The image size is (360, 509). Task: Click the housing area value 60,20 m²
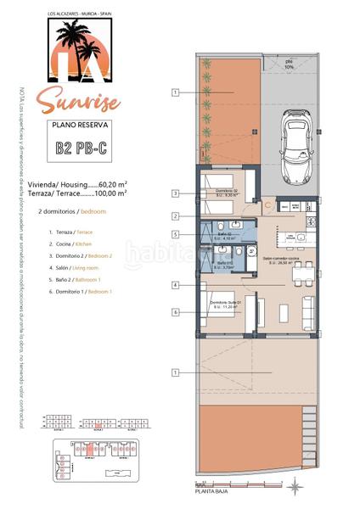tap(112, 182)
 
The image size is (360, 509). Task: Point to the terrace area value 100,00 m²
tap(111, 193)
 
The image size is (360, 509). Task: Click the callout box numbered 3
tap(174, 193)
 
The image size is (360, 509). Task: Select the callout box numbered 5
tap(174, 234)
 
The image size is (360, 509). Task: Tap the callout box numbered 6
tap(174, 312)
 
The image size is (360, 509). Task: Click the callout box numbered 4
tap(174, 286)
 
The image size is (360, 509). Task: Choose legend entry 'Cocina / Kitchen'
tap(75, 243)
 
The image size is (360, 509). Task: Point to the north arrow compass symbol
tap(293, 486)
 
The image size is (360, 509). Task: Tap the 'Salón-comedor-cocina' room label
tap(278, 260)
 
